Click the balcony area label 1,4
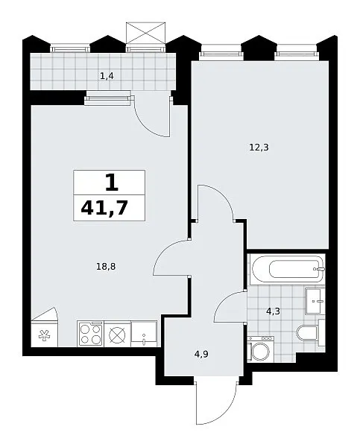pyautogui.click(x=107, y=76)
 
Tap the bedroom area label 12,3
pyautogui.click(x=259, y=148)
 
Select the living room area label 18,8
pyautogui.click(x=106, y=267)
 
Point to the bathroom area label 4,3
pyautogui.click(x=273, y=311)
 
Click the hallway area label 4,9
pyautogui.click(x=201, y=354)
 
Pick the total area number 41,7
pyautogui.click(x=104, y=208)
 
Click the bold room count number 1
pyautogui.click(x=112, y=183)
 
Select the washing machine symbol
pyautogui.click(x=260, y=349)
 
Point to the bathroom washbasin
pyautogui.click(x=315, y=301)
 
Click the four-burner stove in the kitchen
pyautogui.click(x=90, y=334)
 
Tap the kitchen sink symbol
pyautogui.click(x=144, y=334)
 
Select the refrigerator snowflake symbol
pyautogui.click(x=44, y=335)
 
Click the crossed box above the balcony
pyautogui.click(x=146, y=33)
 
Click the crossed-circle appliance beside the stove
pyautogui.click(x=118, y=334)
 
